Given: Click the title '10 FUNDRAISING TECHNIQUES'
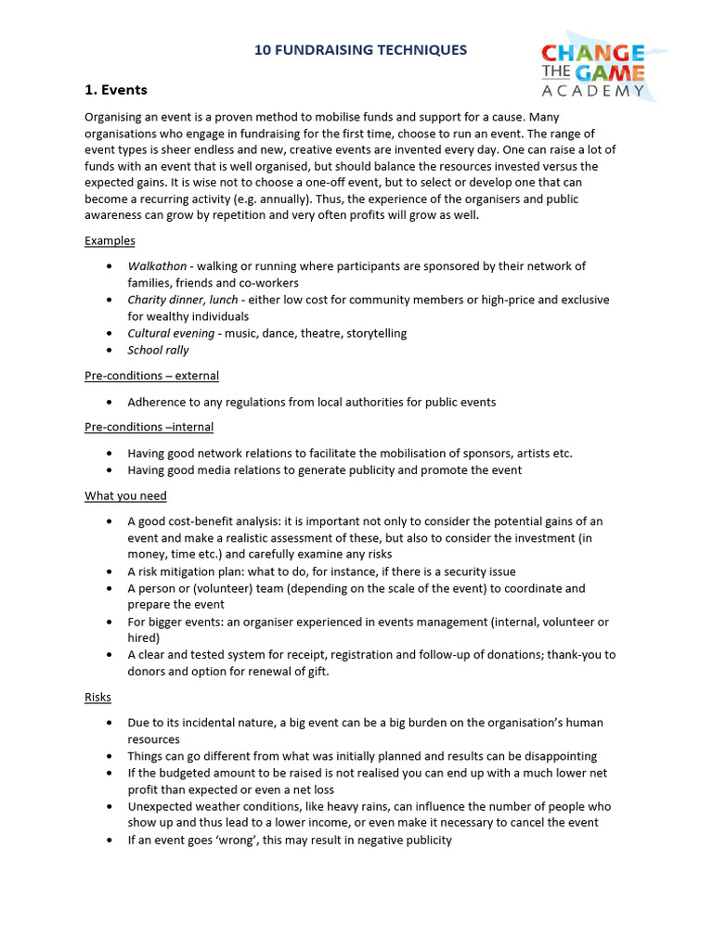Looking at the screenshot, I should pyautogui.click(x=361, y=50).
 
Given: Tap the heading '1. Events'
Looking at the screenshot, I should pyautogui.click(x=116, y=90).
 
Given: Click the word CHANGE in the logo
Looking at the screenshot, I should pyautogui.click(x=592, y=53).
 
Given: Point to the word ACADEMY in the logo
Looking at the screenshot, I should pyautogui.click(x=592, y=91).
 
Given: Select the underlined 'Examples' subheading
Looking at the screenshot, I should pyautogui.click(x=110, y=240).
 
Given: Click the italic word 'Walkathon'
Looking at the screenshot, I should pyautogui.click(x=157, y=266).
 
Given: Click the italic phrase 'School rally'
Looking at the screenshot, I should pyautogui.click(x=158, y=350).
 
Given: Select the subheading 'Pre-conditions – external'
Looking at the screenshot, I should pyautogui.click(x=151, y=376).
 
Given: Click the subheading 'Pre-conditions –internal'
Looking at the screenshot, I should pyautogui.click(x=149, y=427).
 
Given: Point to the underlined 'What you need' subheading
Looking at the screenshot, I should pyautogui.click(x=125, y=495).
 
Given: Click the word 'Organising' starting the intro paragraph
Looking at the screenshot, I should pyautogui.click(x=114, y=118).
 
